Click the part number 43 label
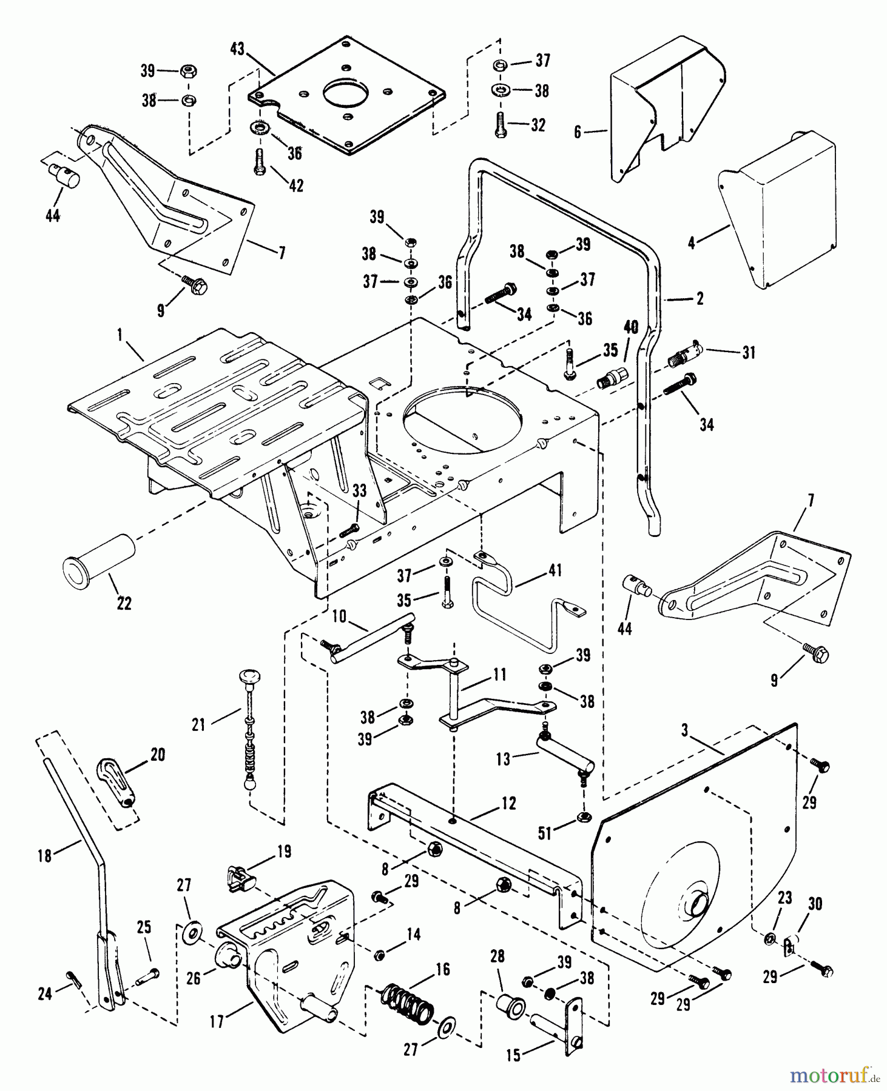(x=237, y=49)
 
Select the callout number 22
(x=124, y=603)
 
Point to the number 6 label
(x=578, y=131)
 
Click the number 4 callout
(x=692, y=242)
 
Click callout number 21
(x=199, y=724)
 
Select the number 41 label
(x=555, y=570)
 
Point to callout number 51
(x=545, y=833)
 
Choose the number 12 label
(x=508, y=803)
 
